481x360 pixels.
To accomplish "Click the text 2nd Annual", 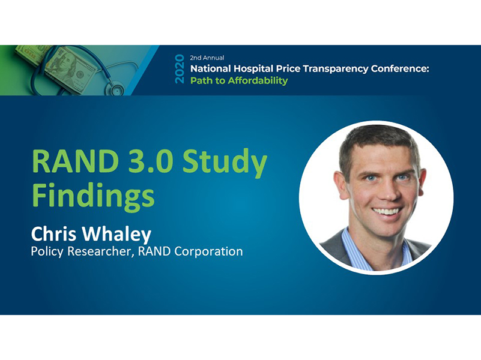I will (207, 58).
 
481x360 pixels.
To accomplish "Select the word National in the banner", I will (214, 68).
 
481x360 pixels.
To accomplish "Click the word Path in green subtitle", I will (201, 80).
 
